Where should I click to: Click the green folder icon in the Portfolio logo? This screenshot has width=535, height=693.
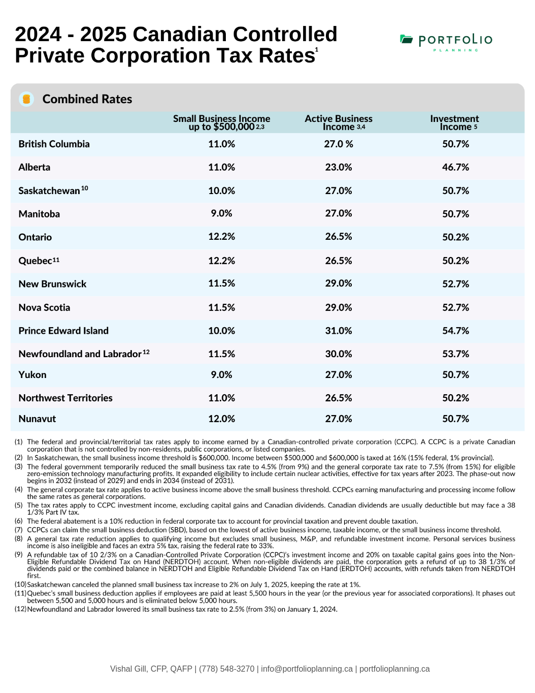pyautogui.click(x=406, y=39)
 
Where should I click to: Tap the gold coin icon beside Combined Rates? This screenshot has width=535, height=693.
pyautogui.click(x=26, y=99)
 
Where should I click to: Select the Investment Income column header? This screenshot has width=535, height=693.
pyautogui.click(x=454, y=123)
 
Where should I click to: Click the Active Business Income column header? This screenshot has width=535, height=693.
pyautogui.click(x=339, y=123)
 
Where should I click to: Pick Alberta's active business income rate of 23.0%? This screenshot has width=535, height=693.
pyautogui.click(x=339, y=167)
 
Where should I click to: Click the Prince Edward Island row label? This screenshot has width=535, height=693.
pyautogui.click(x=63, y=331)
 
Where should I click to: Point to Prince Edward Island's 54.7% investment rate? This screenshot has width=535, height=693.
pyautogui.click(x=455, y=331)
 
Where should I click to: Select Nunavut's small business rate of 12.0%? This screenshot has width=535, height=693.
pyautogui.click(x=221, y=419)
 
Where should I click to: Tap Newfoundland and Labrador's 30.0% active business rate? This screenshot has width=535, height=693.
pyautogui.click(x=339, y=354)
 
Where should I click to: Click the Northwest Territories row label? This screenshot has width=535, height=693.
pyautogui.click(x=65, y=398)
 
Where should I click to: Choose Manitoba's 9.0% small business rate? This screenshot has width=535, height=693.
pyautogui.click(x=221, y=213)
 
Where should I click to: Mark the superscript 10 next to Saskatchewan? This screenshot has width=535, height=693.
pyautogui.click(x=84, y=188)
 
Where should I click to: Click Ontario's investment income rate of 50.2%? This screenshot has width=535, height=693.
pyautogui.click(x=455, y=237)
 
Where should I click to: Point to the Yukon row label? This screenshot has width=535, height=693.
pyautogui.click(x=32, y=374)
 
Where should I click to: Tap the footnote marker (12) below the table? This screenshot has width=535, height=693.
pyautogui.click(x=20, y=609)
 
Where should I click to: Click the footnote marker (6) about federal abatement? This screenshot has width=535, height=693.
pyautogui.click(x=18, y=521)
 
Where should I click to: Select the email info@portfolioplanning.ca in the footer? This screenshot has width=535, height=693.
pyautogui.click(x=307, y=669)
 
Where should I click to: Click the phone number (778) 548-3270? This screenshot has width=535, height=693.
pyautogui.click(x=226, y=669)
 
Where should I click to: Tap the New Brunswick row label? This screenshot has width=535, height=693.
pyautogui.click(x=52, y=284)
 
